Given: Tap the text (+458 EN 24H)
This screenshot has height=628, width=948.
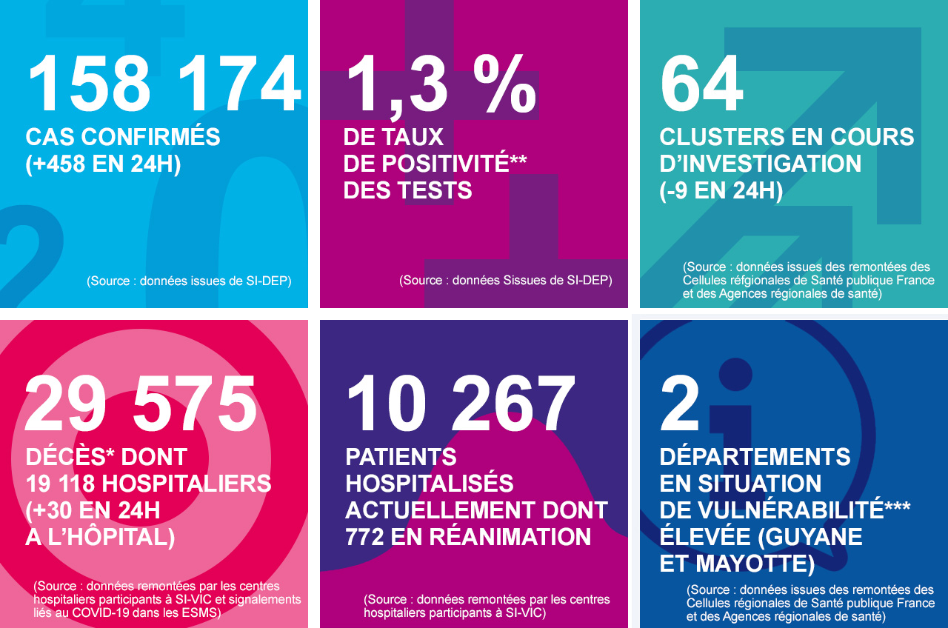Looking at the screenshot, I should [x=103, y=164].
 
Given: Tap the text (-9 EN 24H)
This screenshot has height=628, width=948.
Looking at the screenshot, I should [x=721, y=190].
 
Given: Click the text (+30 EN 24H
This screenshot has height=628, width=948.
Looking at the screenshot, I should [x=93, y=510].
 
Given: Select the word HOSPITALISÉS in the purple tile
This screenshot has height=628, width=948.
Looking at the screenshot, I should [x=430, y=484].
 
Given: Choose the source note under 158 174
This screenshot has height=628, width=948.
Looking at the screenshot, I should [x=189, y=281].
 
